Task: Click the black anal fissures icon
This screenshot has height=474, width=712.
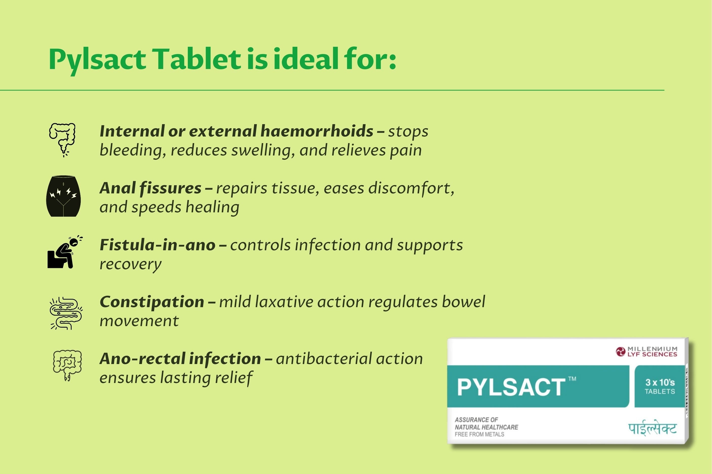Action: [64, 196]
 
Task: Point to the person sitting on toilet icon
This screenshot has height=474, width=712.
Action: [65, 252]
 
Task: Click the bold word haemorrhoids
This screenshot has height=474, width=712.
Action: [317, 131]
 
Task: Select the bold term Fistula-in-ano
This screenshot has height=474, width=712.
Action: [158, 245]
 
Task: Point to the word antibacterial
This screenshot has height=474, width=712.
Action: [324, 359]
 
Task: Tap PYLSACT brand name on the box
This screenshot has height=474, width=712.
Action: [511, 387]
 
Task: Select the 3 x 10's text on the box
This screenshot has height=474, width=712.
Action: [660, 382]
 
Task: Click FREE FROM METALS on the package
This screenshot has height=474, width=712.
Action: [479, 434]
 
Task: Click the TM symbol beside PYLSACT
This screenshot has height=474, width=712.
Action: [572, 378]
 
